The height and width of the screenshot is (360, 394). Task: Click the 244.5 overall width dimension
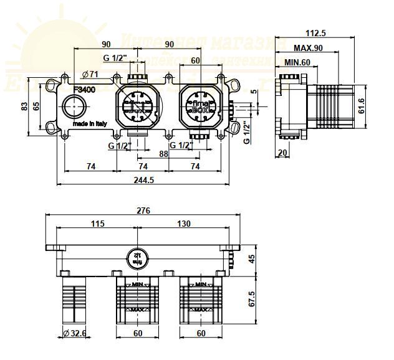143,180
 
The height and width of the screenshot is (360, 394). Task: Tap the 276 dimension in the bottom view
143,211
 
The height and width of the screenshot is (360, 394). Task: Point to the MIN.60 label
298,63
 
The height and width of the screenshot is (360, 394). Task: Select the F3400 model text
84,89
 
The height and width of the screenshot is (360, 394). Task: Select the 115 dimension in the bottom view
97,224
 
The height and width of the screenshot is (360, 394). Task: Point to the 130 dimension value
183,224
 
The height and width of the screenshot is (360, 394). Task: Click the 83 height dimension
25,107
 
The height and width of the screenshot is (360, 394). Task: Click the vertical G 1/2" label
247,133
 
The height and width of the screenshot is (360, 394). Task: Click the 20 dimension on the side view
283,153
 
